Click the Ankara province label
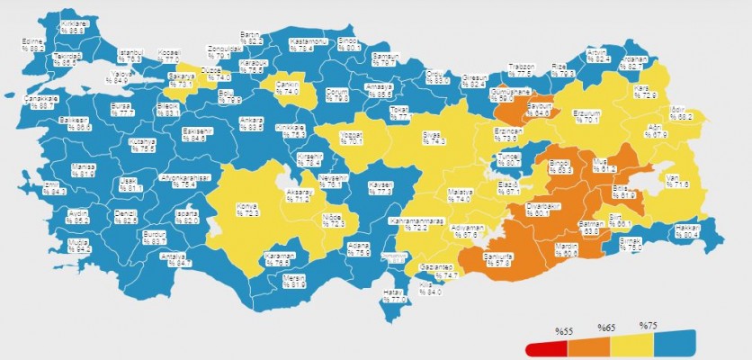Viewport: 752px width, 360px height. pyautogui.click(x=251, y=124)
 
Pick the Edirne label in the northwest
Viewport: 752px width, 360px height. pyautogui.click(x=35, y=45)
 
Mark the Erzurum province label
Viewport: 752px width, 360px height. pyautogui.click(x=586, y=116)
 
